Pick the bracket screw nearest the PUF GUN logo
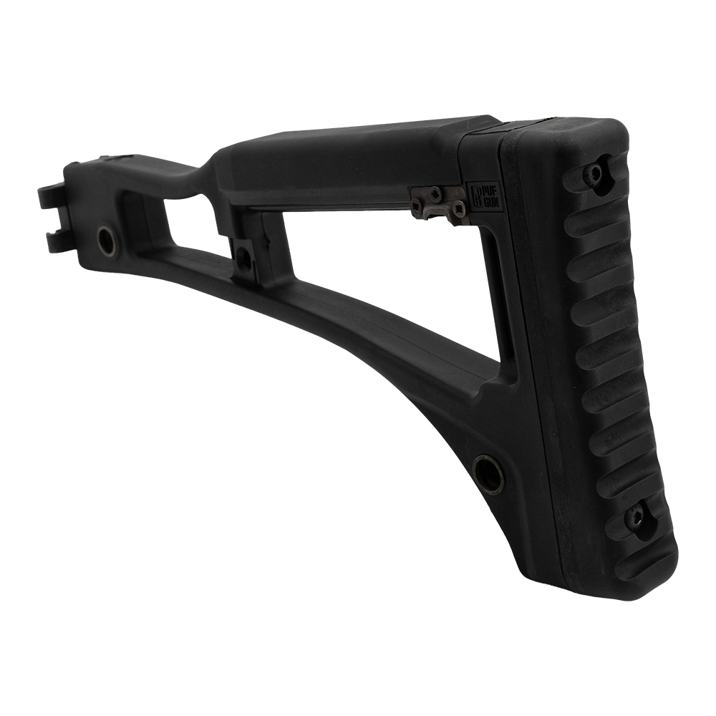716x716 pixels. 457,208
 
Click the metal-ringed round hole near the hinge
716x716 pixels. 107,236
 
